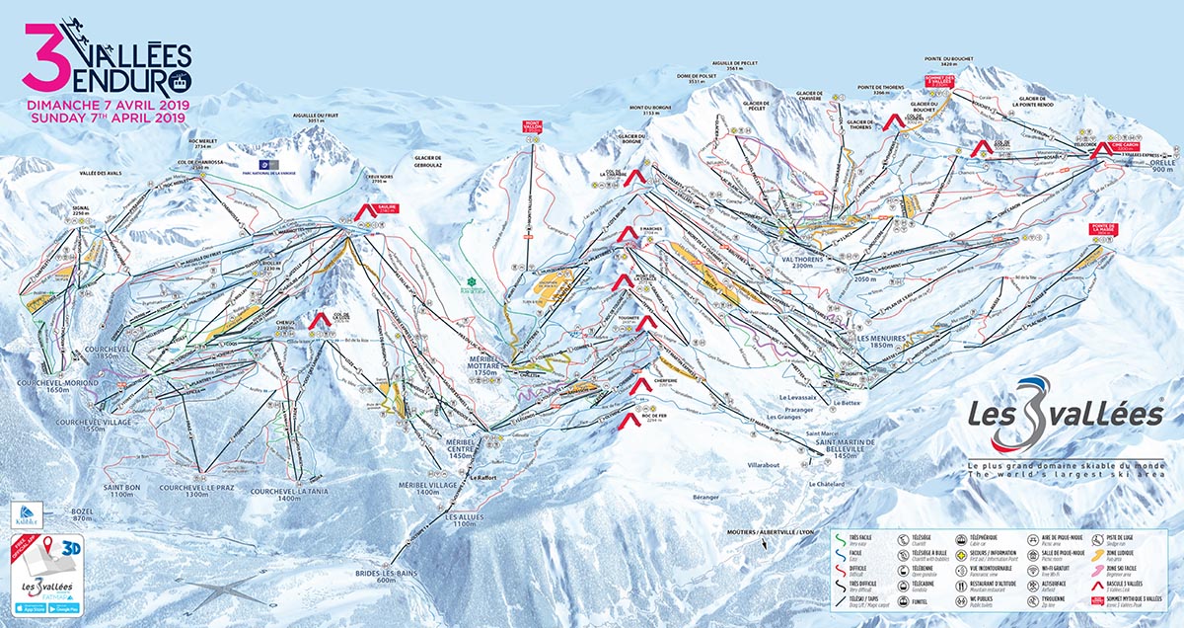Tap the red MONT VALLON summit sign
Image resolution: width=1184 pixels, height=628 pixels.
(x=533, y=126)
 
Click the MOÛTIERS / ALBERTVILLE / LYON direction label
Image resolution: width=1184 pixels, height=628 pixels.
(x=774, y=531)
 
